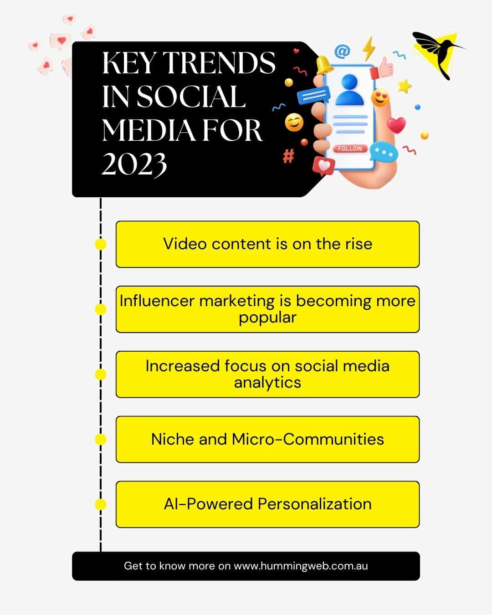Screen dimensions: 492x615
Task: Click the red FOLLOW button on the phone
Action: (x=350, y=149)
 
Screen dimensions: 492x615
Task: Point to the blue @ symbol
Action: (x=342, y=51)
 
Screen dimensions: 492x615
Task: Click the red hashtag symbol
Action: (x=288, y=156)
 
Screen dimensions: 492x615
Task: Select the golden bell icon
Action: (x=324, y=65)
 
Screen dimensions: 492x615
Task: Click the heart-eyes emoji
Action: (x=380, y=97)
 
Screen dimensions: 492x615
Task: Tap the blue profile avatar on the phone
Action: (x=349, y=89)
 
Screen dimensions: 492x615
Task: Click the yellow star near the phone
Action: (x=405, y=86)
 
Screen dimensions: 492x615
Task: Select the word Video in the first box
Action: (x=184, y=244)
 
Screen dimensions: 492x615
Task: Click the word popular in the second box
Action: (x=267, y=318)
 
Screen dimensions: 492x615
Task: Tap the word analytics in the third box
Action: (x=267, y=383)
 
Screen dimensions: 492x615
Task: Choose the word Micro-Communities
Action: (x=307, y=439)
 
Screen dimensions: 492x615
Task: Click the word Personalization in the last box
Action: (x=314, y=504)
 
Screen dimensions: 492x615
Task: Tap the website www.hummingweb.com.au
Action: (x=301, y=566)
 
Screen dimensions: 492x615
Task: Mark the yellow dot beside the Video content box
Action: (x=101, y=244)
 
